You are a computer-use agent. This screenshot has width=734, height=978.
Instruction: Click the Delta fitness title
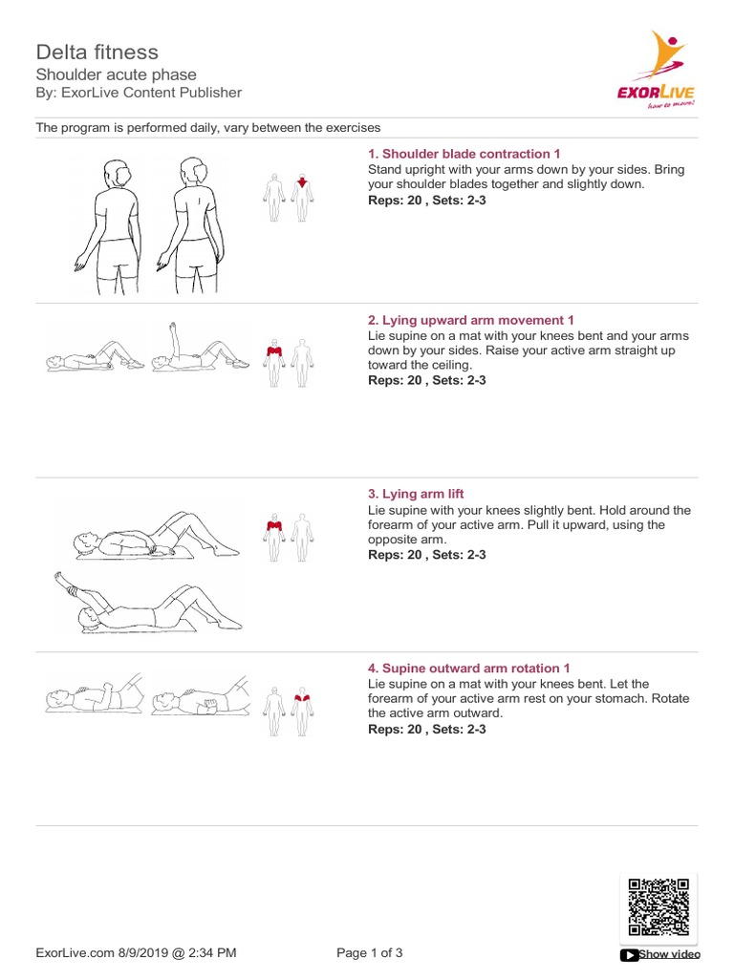pyautogui.click(x=97, y=52)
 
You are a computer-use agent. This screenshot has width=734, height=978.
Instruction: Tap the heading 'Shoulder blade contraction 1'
pyautogui.click(x=464, y=154)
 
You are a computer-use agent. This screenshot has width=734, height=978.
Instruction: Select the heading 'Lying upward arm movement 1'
pyautogui.click(x=471, y=320)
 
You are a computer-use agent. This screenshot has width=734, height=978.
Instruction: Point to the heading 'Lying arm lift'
pyautogui.click(x=417, y=494)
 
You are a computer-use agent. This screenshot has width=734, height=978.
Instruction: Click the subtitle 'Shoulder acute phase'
pyautogui.click(x=116, y=74)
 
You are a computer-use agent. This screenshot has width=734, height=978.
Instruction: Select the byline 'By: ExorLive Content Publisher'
pyautogui.click(x=139, y=93)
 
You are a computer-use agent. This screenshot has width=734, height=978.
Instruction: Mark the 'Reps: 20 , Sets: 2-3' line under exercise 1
pyautogui.click(x=427, y=201)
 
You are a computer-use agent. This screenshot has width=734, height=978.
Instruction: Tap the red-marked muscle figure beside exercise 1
pyautogui.click(x=303, y=198)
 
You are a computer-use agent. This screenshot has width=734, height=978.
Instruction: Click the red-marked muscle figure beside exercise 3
pyautogui.click(x=273, y=538)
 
